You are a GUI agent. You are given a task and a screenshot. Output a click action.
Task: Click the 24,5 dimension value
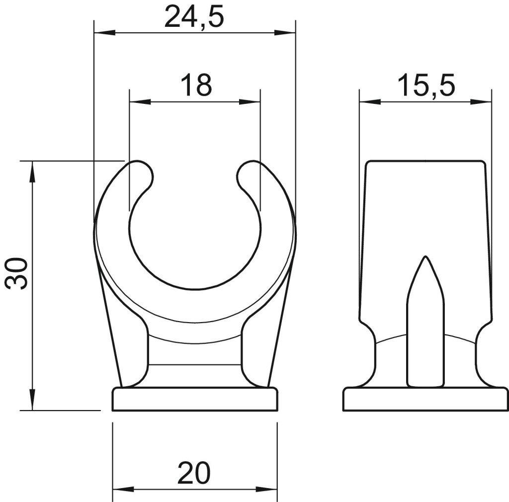pos(194,17)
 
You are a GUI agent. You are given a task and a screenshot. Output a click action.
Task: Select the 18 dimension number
pos(196,85)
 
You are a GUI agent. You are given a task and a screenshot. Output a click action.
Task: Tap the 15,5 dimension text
pos(426,85)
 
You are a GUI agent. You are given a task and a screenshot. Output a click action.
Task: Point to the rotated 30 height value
pos(17,273)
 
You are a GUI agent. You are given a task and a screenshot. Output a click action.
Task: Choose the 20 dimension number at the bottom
pos(194,473)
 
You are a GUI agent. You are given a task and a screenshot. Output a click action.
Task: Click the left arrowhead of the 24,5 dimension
pos(104,32)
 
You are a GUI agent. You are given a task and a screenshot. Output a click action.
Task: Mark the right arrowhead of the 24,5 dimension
pos(285,32)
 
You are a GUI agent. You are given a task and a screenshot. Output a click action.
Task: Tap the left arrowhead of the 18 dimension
pos(140,101)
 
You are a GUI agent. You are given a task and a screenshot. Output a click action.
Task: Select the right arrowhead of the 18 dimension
pos(250,101)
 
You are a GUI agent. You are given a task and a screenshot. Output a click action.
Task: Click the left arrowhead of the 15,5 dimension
pos(370,101)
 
